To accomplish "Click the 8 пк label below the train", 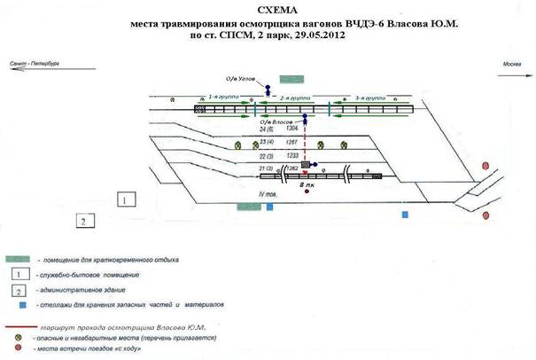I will click(x=311, y=186).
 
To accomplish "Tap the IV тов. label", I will click(x=268, y=194).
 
